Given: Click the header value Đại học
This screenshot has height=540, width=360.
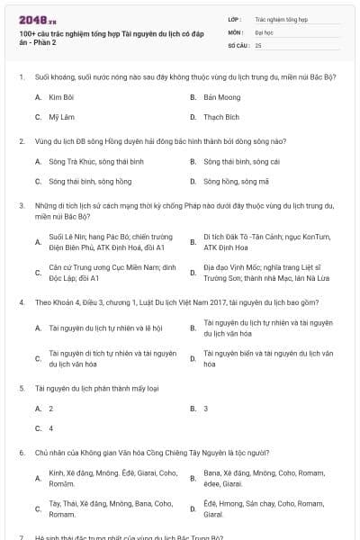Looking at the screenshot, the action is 264,31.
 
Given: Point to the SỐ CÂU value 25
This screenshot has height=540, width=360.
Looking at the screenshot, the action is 258,44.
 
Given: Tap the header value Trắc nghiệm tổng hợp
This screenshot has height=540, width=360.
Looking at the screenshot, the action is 281,17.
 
